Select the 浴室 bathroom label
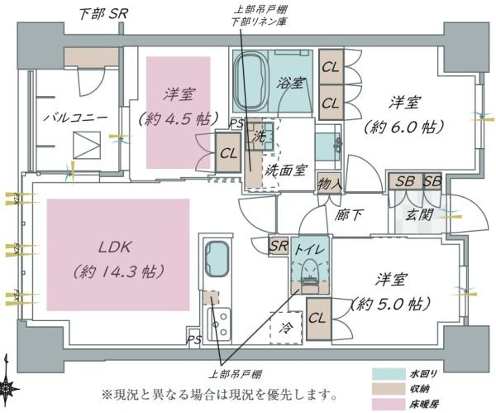[293, 83]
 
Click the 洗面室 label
[286, 170]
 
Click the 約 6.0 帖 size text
[404, 127]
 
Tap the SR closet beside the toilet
[279, 246]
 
